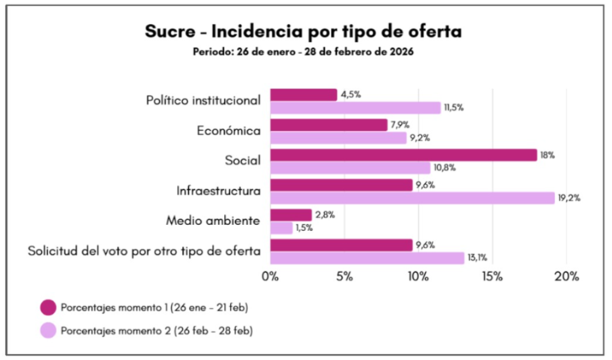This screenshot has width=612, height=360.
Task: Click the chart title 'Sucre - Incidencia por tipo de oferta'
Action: click(x=303, y=31)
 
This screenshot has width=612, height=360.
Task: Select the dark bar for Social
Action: click(x=403, y=155)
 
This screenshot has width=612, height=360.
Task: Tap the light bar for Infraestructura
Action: click(x=412, y=198)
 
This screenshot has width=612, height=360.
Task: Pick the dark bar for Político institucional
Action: click(x=304, y=94)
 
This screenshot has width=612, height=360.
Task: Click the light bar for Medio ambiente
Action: click(x=281, y=228)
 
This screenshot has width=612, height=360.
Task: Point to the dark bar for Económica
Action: click(x=329, y=125)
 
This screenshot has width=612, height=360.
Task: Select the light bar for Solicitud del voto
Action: click(x=367, y=258)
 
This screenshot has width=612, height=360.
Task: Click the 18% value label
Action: click(x=547, y=155)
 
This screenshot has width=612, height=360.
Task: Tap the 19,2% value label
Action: click(x=569, y=198)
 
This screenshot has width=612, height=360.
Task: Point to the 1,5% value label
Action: click(x=305, y=228)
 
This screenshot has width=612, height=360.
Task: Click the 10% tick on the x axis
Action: click(x=418, y=276)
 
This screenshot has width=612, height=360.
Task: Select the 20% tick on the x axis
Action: click(x=567, y=276)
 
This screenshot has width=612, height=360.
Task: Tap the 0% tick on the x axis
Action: click(x=271, y=276)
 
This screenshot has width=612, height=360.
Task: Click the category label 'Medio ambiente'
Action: click(x=213, y=221)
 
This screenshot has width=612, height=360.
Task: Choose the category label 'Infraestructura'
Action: click(x=219, y=191)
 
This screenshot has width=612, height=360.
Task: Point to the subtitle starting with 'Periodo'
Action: click(x=303, y=51)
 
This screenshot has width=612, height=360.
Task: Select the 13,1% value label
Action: click(x=478, y=258)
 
